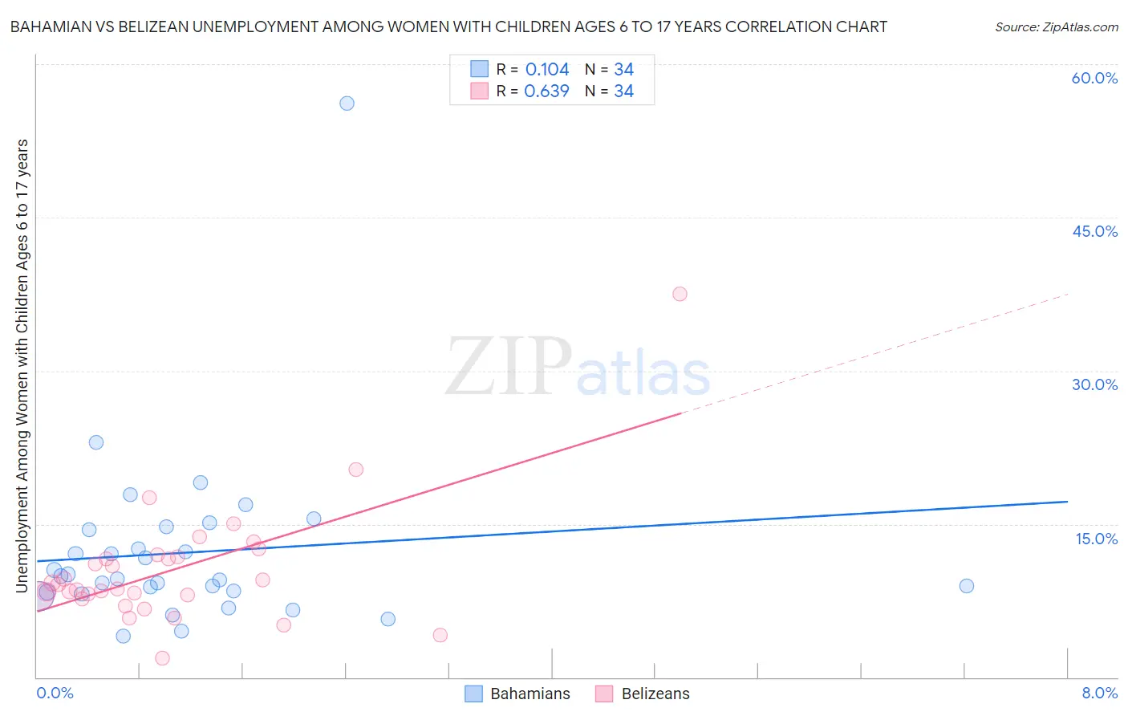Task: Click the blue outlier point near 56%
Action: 347,103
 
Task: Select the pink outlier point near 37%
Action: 680,294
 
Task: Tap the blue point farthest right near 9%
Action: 967,586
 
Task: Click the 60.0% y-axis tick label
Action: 1094,78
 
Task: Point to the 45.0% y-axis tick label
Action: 1094,231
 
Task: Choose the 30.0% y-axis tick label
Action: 1094,384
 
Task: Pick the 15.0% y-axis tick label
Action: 1096,539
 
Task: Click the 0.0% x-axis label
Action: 55,693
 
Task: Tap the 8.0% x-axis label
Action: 1099,693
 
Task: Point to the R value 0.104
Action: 547,69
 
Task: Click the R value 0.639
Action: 546,92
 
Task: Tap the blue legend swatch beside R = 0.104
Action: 479,69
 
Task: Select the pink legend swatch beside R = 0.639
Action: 479,91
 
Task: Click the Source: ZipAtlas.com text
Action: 1056,26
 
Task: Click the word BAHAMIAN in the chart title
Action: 48,26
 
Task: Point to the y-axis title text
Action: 22,365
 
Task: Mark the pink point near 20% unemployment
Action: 355,470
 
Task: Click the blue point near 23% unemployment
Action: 96,442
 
